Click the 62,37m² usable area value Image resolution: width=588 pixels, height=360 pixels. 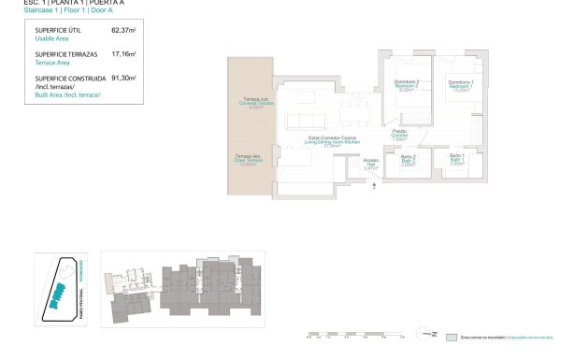point(123,30)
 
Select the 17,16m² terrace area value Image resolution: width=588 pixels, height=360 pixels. point(123,54)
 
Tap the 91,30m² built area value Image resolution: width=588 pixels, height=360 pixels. point(123,79)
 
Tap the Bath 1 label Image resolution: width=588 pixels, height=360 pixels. point(457,158)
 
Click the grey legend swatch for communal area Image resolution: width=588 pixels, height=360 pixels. point(453,336)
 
